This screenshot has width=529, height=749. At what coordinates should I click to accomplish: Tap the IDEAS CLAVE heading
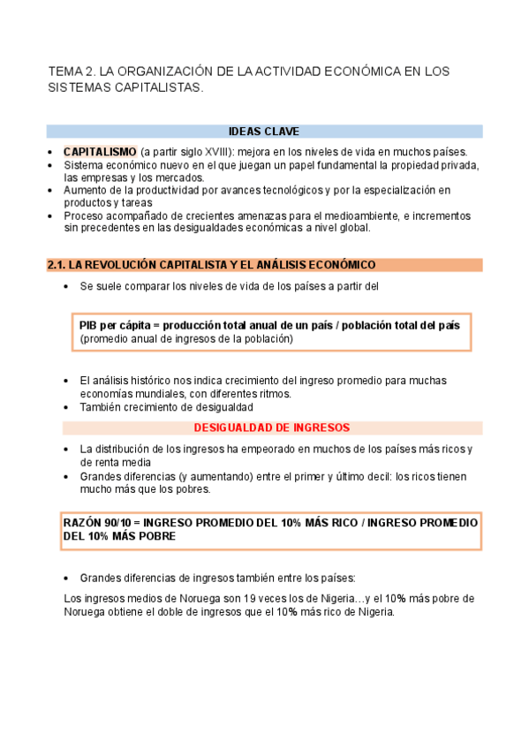(263, 132)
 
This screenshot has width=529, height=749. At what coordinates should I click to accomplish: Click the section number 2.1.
(56, 265)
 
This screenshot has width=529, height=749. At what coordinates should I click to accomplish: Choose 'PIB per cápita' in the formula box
(115, 325)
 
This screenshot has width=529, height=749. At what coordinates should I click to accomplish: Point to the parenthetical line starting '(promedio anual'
(185, 338)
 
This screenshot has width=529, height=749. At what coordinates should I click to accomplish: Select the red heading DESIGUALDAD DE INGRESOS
(271, 427)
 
